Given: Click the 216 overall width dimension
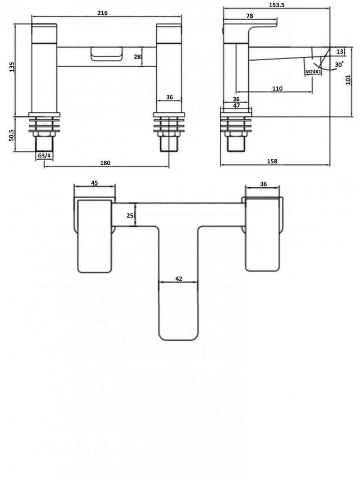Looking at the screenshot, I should [103, 13].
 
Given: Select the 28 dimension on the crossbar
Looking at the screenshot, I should [137, 57].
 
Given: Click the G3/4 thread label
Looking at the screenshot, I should [44, 156].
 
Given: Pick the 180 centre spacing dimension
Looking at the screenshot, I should [105, 163].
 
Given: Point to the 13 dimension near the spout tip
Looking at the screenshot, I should [339, 51].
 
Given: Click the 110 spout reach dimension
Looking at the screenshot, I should [277, 88].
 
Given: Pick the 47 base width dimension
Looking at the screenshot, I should [236, 105].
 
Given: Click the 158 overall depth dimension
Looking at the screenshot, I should [272, 161].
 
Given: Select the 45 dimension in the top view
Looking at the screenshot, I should [95, 183].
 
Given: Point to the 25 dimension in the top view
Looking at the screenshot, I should [130, 215].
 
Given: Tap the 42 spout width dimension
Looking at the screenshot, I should [178, 279].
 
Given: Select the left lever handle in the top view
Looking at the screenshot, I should [95, 236].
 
